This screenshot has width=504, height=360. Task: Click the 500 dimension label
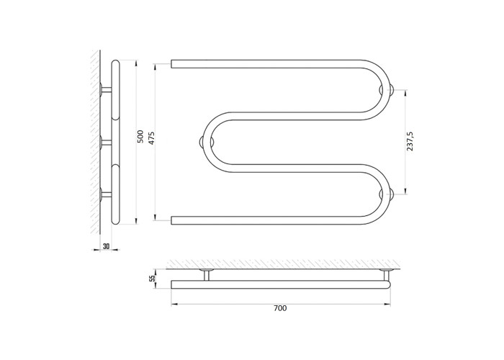click(140, 137)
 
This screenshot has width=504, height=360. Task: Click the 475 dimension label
click(151, 138)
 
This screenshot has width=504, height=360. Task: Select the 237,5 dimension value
click(410, 141)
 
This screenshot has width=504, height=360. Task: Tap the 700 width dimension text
click(280, 308)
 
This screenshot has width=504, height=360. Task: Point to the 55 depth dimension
click(153, 278)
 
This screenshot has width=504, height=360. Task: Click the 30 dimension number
click(106, 246)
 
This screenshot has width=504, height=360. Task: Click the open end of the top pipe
click(171, 63)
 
